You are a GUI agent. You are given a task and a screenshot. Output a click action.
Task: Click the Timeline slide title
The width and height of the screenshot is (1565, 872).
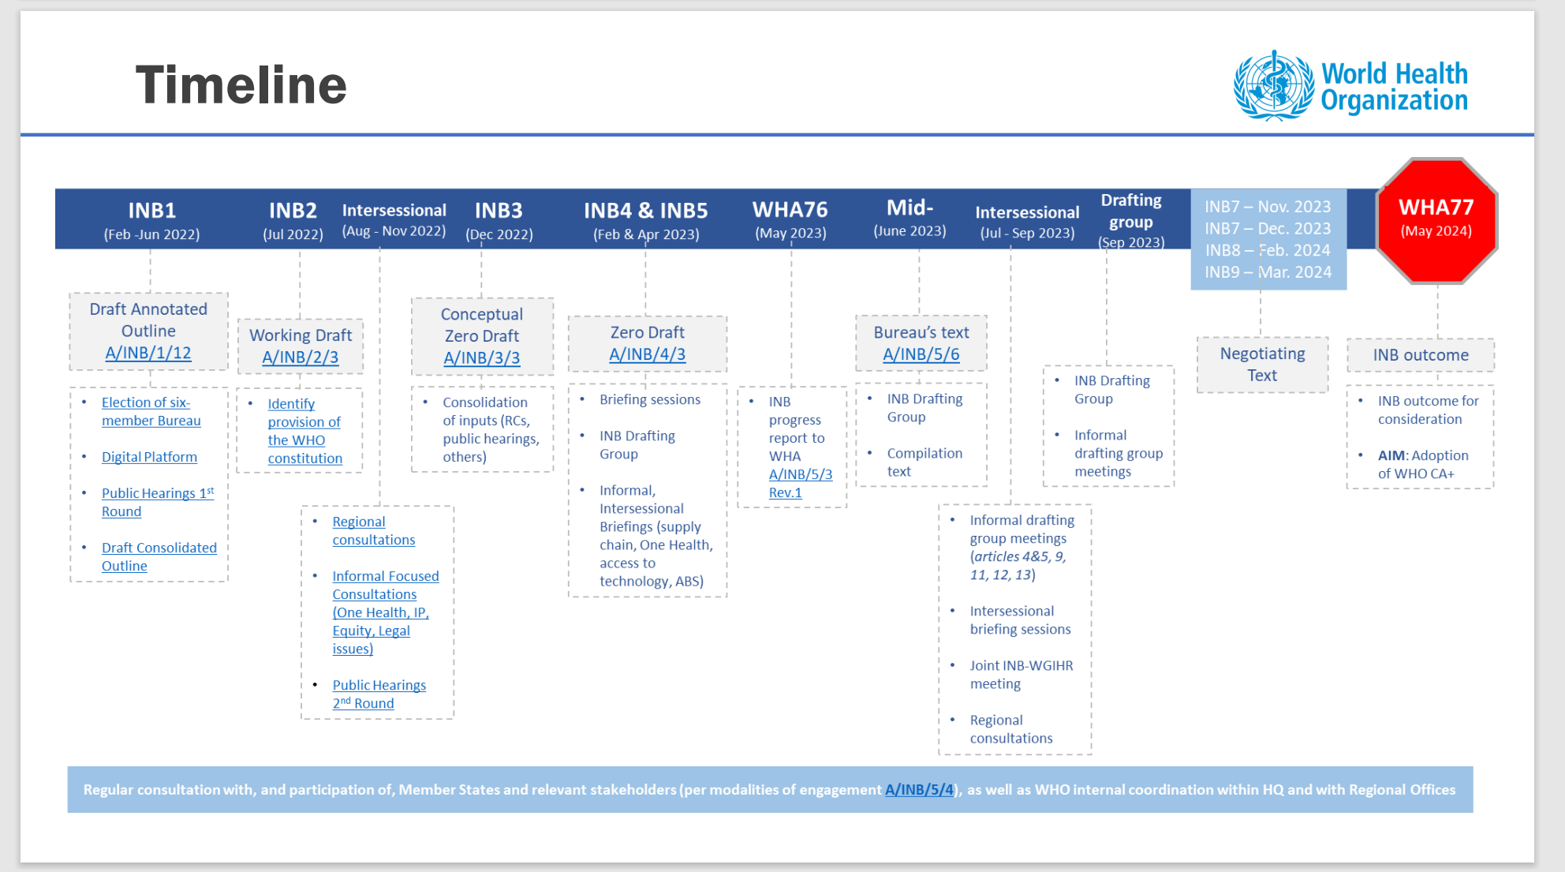(x=241, y=85)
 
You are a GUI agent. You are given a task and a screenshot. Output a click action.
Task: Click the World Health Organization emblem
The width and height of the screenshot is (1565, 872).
(x=1273, y=85)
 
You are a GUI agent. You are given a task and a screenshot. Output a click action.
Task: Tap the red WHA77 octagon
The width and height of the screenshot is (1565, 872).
(x=1436, y=219)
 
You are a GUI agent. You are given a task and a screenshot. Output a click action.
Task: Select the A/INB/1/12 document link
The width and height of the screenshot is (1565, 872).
(x=148, y=353)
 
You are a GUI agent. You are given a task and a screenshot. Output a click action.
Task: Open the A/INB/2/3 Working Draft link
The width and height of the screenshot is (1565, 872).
(x=300, y=357)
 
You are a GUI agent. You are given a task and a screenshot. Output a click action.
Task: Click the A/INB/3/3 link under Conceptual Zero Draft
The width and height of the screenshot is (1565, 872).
(x=481, y=358)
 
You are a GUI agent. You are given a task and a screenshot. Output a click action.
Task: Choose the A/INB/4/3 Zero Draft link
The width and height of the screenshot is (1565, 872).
(x=647, y=355)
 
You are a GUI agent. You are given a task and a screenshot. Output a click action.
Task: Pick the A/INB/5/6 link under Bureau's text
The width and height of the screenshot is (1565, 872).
(x=921, y=355)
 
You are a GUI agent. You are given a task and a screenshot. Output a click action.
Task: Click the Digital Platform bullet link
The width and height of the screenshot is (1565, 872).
(x=149, y=457)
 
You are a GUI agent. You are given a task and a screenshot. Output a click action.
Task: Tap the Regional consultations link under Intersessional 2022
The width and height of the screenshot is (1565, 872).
(x=373, y=531)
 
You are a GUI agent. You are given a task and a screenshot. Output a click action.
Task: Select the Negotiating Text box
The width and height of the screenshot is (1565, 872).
(x=1262, y=365)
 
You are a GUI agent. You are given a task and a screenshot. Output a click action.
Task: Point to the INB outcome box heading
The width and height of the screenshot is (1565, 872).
(x=1420, y=355)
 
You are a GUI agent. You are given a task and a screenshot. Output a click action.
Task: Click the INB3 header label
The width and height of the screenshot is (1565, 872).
(x=499, y=211)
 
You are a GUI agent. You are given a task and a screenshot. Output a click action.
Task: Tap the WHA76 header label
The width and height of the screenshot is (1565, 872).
(x=790, y=210)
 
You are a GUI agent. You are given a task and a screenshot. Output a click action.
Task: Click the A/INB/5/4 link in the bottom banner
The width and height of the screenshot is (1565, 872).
(x=919, y=790)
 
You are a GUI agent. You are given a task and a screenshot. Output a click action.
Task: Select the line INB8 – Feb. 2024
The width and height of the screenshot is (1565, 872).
(x=1268, y=250)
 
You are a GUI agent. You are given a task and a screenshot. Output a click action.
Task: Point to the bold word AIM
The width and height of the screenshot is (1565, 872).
(x=1391, y=455)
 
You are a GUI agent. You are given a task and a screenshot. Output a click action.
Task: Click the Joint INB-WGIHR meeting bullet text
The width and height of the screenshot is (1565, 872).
(x=1021, y=675)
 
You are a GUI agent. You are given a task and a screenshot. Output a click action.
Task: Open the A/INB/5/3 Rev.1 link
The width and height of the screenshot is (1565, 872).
(x=800, y=483)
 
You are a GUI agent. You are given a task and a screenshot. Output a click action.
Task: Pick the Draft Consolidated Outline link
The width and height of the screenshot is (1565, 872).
(x=159, y=556)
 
